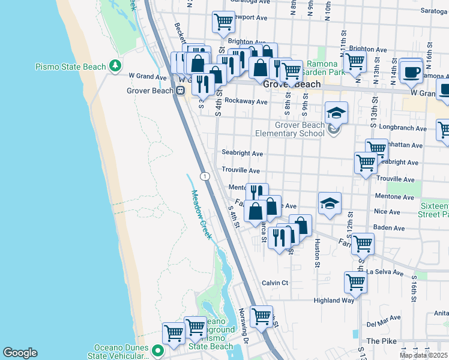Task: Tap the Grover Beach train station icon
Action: click(x=180, y=91)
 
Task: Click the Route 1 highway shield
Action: click(x=205, y=176)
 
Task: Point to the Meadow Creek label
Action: click(x=202, y=214)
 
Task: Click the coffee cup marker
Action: click(x=411, y=71)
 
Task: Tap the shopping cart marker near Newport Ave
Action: click(x=223, y=22)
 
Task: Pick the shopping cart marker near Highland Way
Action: click(x=355, y=282)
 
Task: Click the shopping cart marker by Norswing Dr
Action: click(x=261, y=316)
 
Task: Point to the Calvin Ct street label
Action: click(x=275, y=283)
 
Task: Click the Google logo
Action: click(x=20, y=353)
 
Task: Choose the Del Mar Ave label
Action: click(x=381, y=323)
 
